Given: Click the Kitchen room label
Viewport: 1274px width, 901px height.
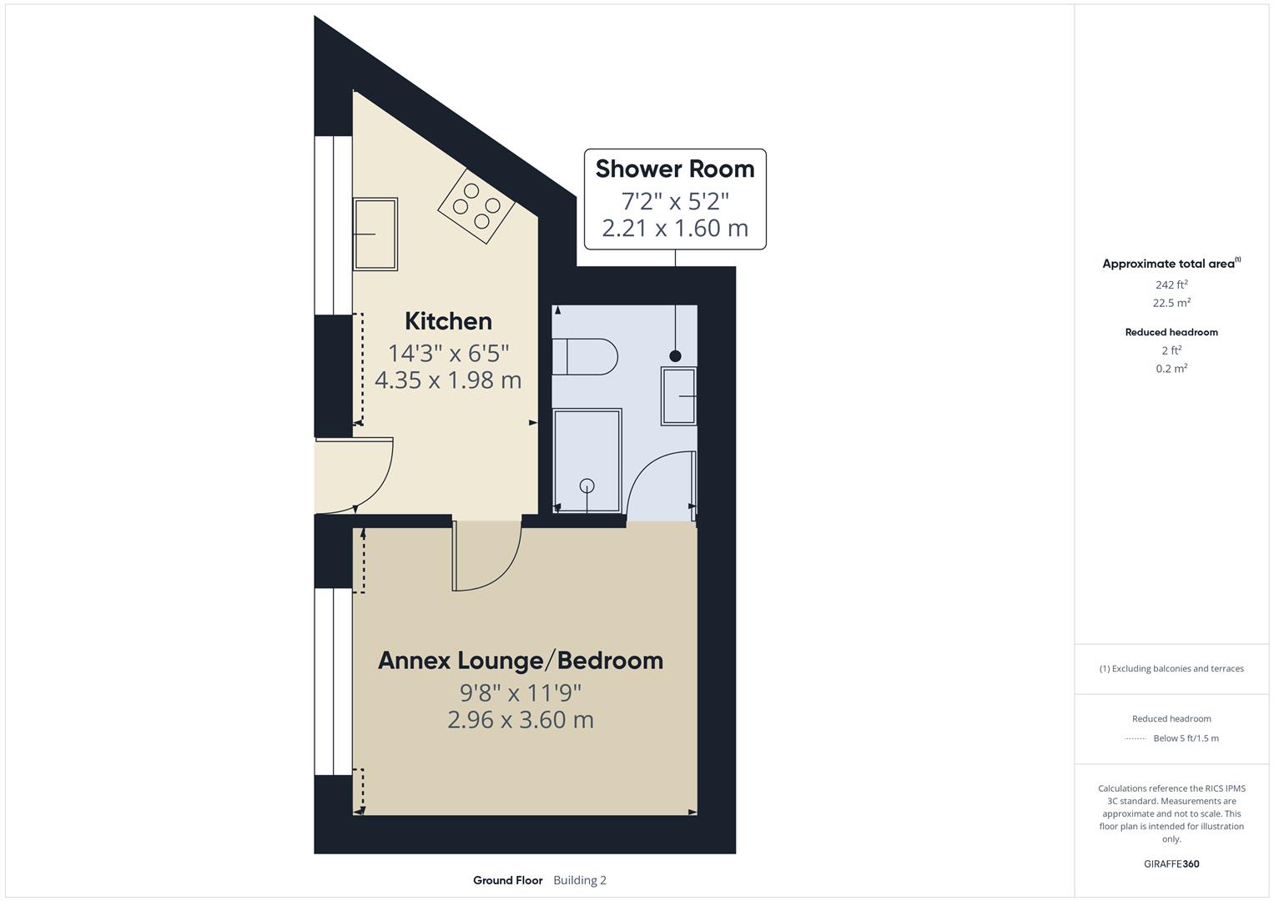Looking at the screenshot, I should pyautogui.click(x=448, y=321).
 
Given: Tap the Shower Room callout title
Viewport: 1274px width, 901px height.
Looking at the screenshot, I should pyautogui.click(x=674, y=169).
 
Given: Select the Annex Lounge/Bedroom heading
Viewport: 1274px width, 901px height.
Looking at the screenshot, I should pyautogui.click(x=520, y=660).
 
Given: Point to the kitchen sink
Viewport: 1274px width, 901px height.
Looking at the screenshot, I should pyautogui.click(x=375, y=234).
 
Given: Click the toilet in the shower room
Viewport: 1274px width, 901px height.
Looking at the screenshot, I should pyautogui.click(x=586, y=356).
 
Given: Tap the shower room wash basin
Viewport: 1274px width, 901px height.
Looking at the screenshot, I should pyautogui.click(x=679, y=396).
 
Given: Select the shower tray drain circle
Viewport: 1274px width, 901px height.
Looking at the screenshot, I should pyautogui.click(x=587, y=486).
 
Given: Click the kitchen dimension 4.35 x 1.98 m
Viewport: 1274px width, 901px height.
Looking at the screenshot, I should pyautogui.click(x=448, y=380).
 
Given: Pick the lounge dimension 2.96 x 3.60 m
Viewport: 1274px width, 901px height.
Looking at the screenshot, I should pyautogui.click(x=520, y=720).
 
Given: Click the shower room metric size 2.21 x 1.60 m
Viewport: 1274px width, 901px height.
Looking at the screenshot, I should pyautogui.click(x=674, y=228).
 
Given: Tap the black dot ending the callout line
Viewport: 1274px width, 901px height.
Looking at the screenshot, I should pyautogui.click(x=675, y=356).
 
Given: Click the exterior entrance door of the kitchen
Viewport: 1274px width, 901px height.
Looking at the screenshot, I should pyautogui.click(x=355, y=476).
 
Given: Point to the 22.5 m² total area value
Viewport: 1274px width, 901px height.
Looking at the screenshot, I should pyautogui.click(x=1172, y=303).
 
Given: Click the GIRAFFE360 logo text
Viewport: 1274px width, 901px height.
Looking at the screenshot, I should pyautogui.click(x=1171, y=863).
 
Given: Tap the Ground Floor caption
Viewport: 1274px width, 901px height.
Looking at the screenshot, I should pyautogui.click(x=507, y=880).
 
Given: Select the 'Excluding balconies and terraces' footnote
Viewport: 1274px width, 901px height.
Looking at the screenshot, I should pyautogui.click(x=1171, y=668).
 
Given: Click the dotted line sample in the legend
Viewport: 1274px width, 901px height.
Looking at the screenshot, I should pyautogui.click(x=1136, y=738).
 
